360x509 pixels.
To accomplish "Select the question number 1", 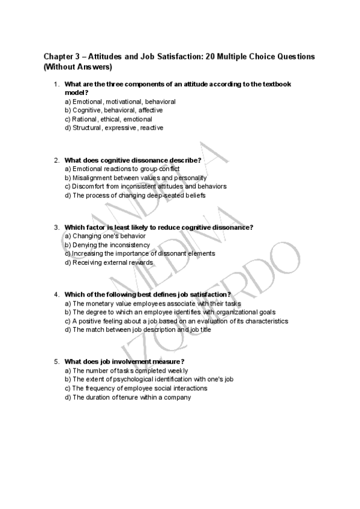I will coord(56,85).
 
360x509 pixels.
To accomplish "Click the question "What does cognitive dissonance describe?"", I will coord(133,160).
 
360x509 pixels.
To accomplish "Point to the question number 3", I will coord(56,227).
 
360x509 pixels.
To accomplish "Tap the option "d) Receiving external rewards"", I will coord(109,262).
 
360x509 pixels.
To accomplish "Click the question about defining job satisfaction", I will coord(148,295).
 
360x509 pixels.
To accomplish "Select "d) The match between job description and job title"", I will coord(137,330).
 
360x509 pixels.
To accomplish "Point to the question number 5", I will coord(56,361).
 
